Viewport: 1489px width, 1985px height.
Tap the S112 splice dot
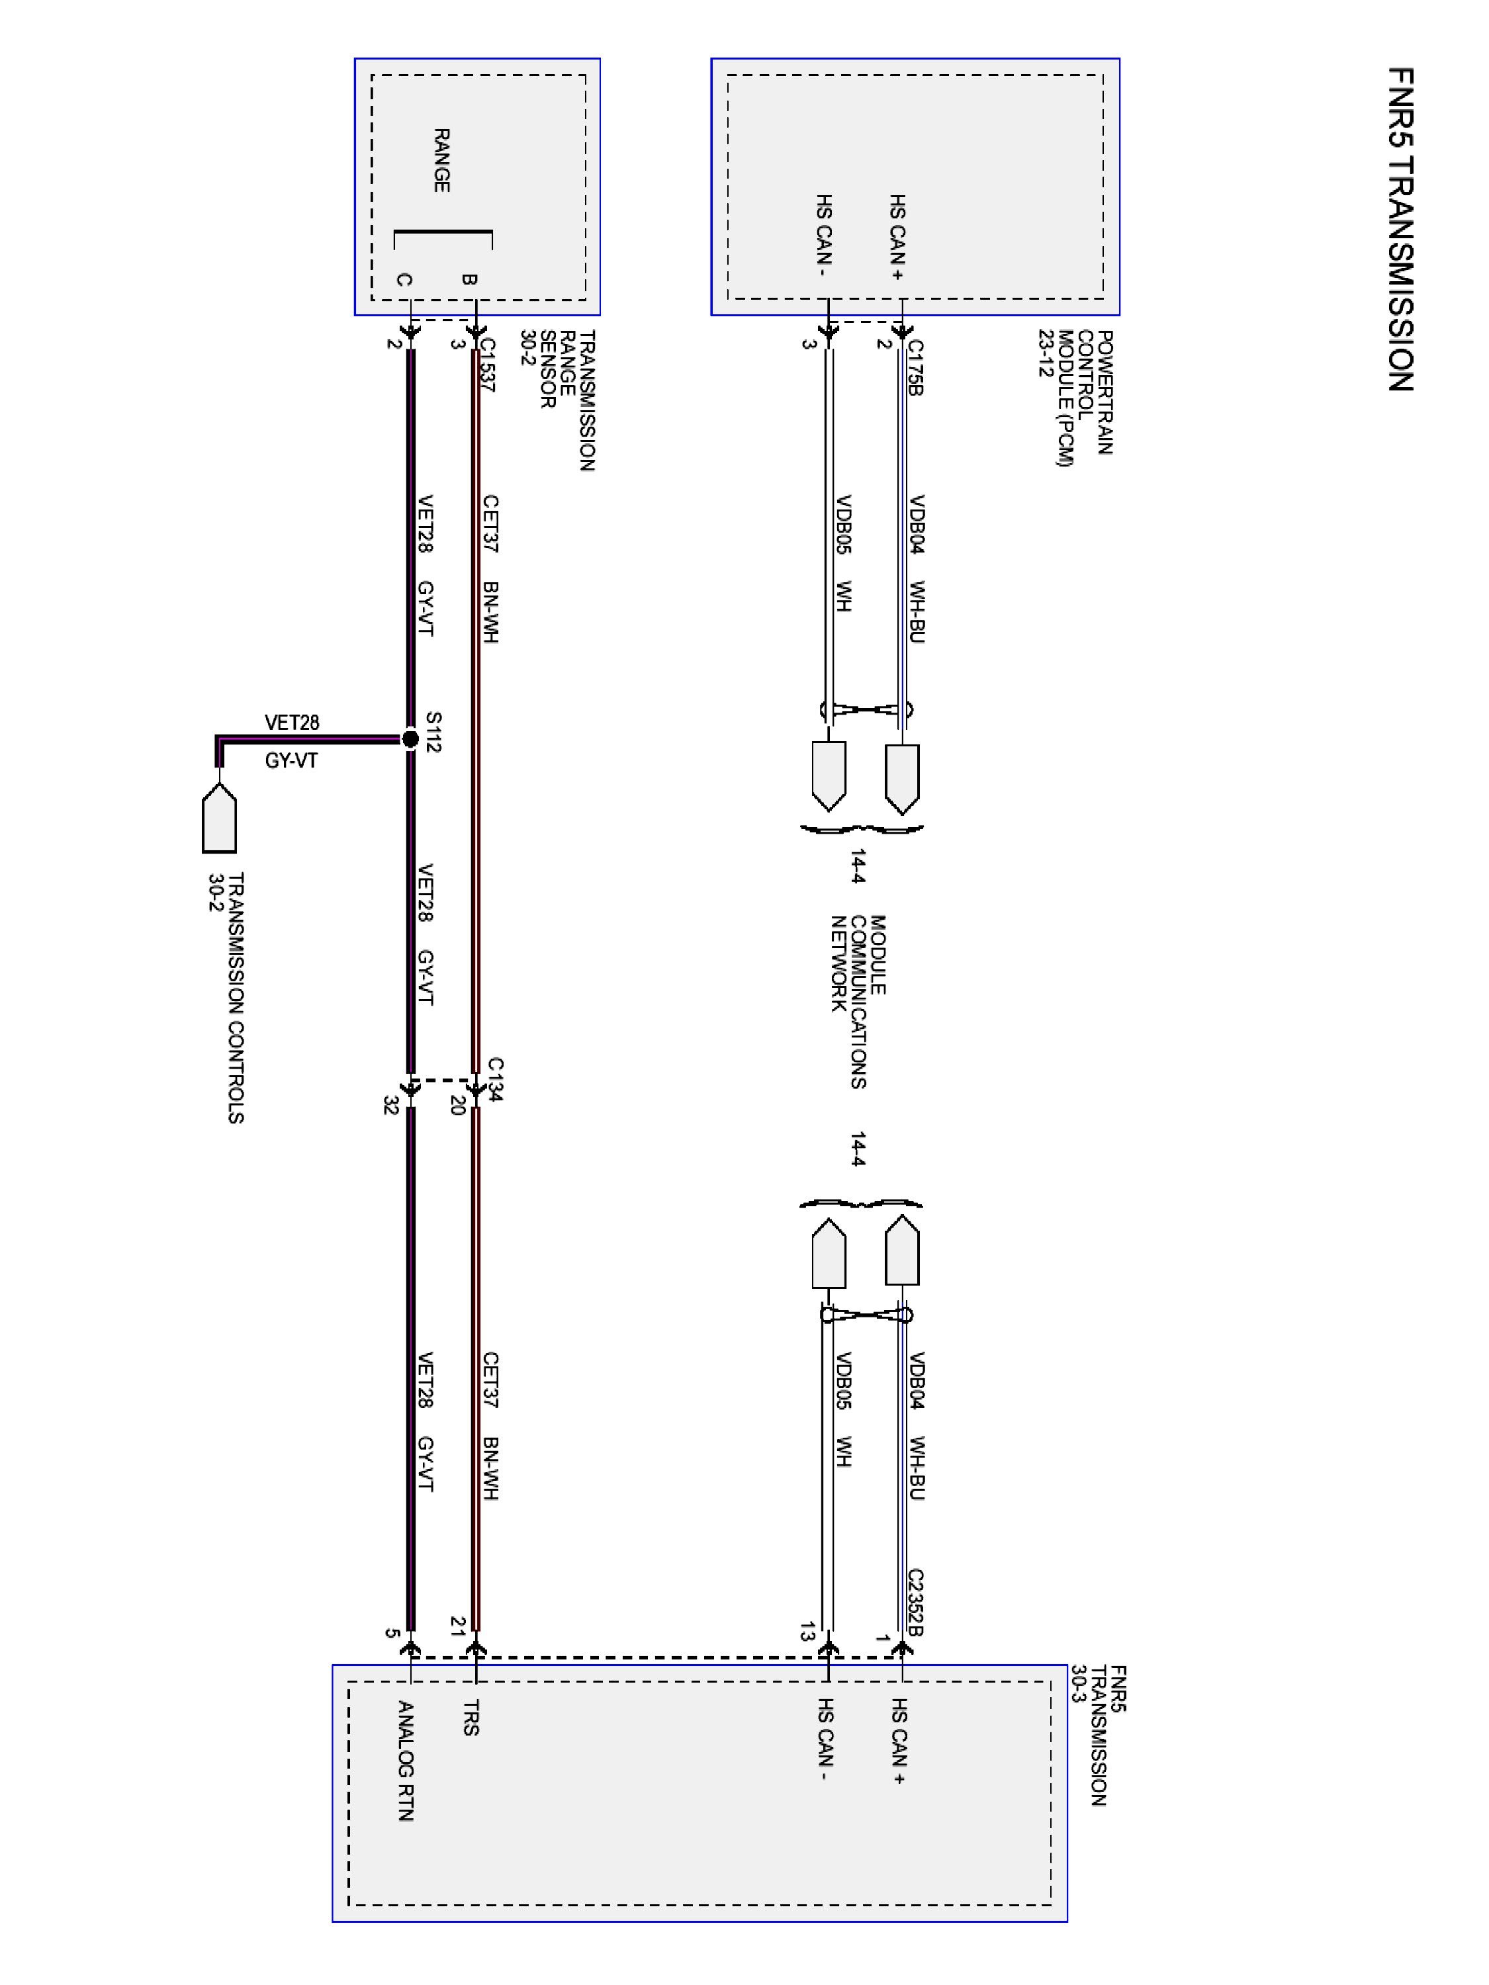click(410, 738)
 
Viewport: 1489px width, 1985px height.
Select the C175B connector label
click(915, 367)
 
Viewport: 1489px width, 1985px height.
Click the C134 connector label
click(496, 1080)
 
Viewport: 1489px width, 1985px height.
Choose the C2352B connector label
click(915, 1603)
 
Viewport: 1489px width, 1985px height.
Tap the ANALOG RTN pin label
click(406, 1761)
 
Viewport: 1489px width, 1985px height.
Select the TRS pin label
click(471, 1718)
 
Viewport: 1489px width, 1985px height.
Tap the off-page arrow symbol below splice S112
click(219, 818)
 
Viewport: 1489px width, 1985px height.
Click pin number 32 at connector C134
click(390, 1106)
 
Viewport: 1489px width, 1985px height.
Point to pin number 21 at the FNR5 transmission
click(458, 1627)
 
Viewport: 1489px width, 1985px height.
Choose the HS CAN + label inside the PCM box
click(897, 238)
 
